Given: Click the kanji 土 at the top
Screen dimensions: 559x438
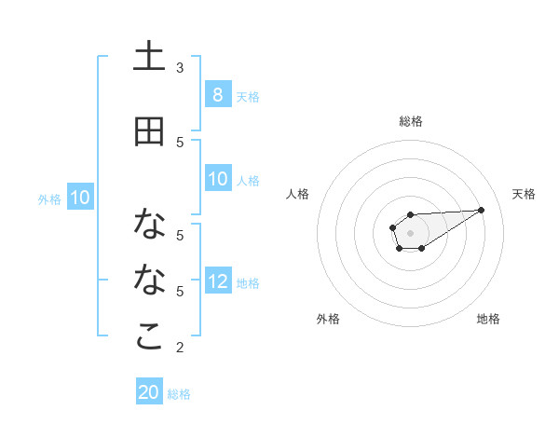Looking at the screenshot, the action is [149, 58].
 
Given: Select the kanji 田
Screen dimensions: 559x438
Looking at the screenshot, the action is [149, 132].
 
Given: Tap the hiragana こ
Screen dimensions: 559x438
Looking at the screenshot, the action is [149, 337].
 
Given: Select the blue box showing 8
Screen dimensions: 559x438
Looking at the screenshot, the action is [217, 95].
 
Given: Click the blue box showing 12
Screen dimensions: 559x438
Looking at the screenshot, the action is [217, 281].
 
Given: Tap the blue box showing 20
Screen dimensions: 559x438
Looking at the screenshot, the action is [149, 392].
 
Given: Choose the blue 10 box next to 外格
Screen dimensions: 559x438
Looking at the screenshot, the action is [79, 198].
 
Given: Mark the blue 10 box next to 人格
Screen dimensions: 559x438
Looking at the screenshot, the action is [217, 179].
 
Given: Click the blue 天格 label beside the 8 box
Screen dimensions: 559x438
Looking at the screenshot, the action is [248, 96].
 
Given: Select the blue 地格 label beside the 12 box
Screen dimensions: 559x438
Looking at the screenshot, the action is [248, 282].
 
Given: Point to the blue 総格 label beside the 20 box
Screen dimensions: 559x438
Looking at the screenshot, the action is [179, 393].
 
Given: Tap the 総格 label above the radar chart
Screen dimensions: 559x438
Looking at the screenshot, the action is [410, 121].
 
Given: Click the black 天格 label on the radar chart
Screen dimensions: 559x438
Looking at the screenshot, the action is [524, 194].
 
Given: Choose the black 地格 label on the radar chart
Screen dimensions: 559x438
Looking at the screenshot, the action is [488, 319].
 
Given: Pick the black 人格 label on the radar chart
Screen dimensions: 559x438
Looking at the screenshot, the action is [298, 194].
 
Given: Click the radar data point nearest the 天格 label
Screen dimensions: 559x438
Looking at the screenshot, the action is [482, 209].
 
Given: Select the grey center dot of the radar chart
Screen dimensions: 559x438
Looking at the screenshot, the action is [410, 231].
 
